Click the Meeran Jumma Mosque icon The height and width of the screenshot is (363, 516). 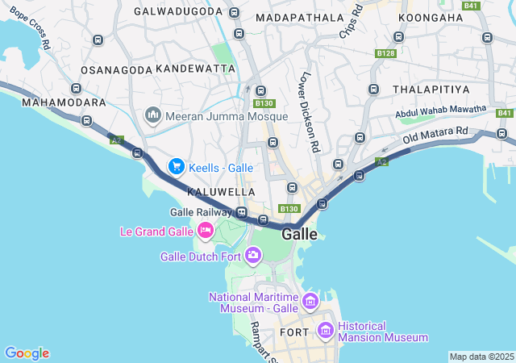pyautogui.click(x=153, y=117)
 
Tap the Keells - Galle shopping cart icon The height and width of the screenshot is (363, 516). pyautogui.click(x=176, y=167)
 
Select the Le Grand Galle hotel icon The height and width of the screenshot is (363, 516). pyautogui.click(x=205, y=232)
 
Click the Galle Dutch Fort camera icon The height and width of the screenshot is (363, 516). pyautogui.click(x=253, y=257)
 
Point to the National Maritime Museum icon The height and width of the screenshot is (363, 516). pyautogui.click(x=310, y=302)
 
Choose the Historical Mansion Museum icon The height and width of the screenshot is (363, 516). pyautogui.click(x=325, y=330)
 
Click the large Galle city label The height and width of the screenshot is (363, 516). pyautogui.click(x=299, y=234)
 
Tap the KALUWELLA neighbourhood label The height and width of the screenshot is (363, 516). pyautogui.click(x=221, y=192)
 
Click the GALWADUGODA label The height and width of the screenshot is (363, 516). pyautogui.click(x=177, y=12)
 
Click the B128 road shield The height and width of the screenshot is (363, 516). pyautogui.click(x=386, y=53)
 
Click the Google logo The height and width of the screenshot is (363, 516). pyautogui.click(x=27, y=353)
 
